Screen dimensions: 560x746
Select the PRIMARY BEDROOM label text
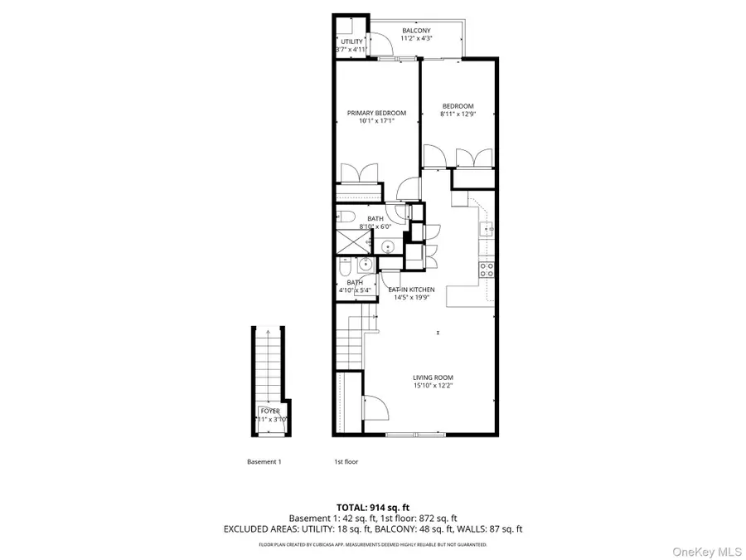point(376,113)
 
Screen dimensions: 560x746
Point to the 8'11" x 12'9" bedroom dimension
point(458,114)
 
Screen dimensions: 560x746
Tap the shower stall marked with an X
point(351,243)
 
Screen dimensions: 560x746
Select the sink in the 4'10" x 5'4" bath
point(366,265)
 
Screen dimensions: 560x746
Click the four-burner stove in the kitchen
point(487,269)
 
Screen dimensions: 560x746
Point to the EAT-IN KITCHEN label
point(411,290)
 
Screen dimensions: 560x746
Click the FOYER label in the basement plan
point(270,411)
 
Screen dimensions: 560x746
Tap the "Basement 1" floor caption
point(264,462)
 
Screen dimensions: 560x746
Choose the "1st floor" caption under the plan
point(346,462)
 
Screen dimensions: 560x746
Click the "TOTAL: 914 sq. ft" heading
point(373,507)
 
